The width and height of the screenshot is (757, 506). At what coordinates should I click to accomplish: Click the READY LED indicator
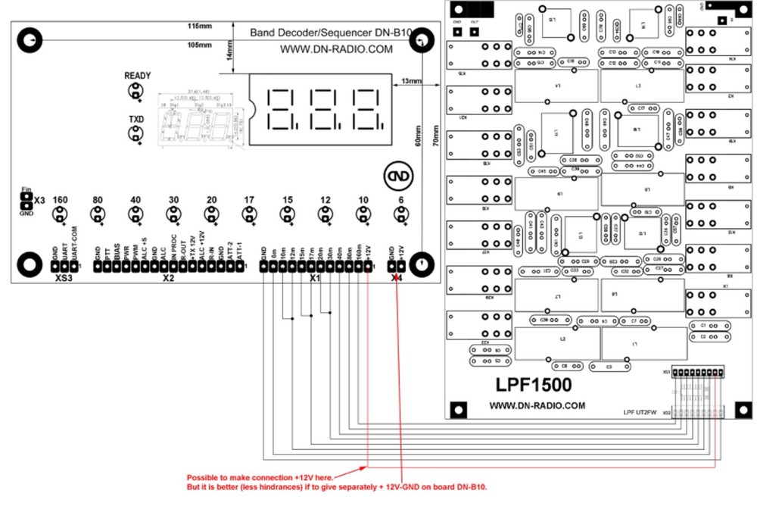(x=136, y=92)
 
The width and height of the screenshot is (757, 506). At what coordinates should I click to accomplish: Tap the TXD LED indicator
(x=136, y=135)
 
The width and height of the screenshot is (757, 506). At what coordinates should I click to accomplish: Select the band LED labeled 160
(x=60, y=215)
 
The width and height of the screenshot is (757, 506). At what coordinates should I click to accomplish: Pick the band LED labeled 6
(x=400, y=215)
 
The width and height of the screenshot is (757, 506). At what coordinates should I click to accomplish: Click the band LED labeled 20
(x=211, y=215)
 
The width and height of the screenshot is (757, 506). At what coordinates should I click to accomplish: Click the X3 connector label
(x=40, y=199)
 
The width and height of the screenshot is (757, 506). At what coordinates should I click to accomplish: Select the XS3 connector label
(x=64, y=279)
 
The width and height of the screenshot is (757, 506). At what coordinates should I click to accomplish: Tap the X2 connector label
(x=169, y=279)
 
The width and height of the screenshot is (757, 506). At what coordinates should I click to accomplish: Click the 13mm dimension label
(x=413, y=80)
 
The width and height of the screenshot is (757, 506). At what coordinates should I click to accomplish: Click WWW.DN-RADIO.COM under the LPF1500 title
(x=537, y=405)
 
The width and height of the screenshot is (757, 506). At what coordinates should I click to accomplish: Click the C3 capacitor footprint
(x=609, y=367)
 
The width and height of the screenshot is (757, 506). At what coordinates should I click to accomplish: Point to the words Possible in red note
(x=204, y=478)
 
